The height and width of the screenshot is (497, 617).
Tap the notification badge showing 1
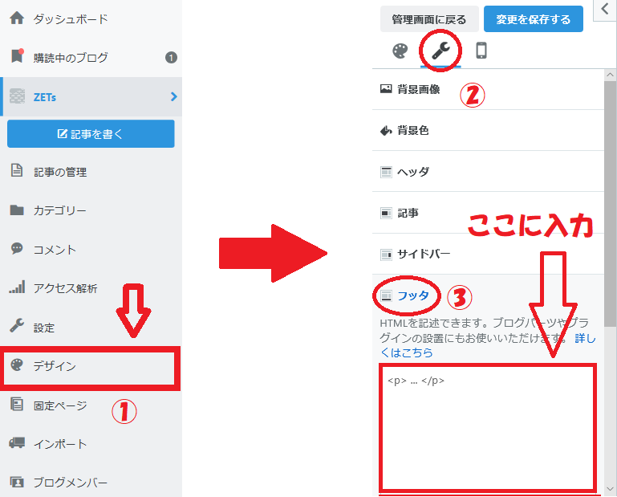coord(171,58)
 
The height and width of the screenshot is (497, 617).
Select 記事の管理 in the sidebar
coord(60,172)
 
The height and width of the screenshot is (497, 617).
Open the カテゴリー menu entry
coord(59,210)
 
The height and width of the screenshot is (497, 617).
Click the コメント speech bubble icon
coord(17,248)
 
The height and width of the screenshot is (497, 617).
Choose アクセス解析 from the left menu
coord(65,288)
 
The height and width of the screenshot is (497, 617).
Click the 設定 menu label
coord(43,328)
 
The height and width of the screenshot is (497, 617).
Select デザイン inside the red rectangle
coord(55,366)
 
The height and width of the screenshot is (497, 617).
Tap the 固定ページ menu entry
coord(60,405)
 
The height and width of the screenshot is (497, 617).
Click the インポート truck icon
coord(17,442)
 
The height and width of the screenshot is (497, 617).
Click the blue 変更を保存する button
coord(534,19)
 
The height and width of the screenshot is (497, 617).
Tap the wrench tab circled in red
coord(440,51)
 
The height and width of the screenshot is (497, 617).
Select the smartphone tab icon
coord(481,51)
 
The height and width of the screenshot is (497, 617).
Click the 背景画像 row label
coord(418,89)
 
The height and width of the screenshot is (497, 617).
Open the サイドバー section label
coord(424,254)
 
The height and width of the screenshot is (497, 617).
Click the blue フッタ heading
coord(412,295)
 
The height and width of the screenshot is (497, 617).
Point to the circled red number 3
coord(460,297)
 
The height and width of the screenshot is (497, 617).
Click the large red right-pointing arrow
coord(273,253)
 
